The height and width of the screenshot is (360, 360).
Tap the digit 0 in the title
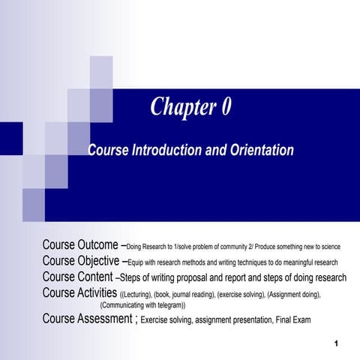pos(225,107)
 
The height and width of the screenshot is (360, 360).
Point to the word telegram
pos(167,306)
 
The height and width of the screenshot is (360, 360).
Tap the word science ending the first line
pos(329,247)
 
